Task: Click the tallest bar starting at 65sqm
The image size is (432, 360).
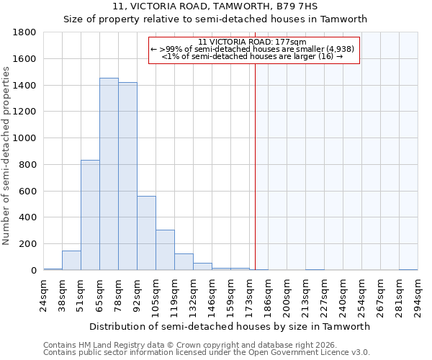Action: [109, 174]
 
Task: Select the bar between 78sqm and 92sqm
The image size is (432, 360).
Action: [127, 176]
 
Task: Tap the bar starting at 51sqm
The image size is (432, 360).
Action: [90, 215]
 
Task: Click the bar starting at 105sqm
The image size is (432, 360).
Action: [165, 250]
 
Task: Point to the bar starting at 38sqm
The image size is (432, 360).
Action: [71, 261]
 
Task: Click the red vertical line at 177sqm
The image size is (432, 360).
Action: [255, 158]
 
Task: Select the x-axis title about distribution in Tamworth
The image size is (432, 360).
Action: [230, 326]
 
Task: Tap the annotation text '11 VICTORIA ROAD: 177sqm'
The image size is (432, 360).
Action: [253, 42]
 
